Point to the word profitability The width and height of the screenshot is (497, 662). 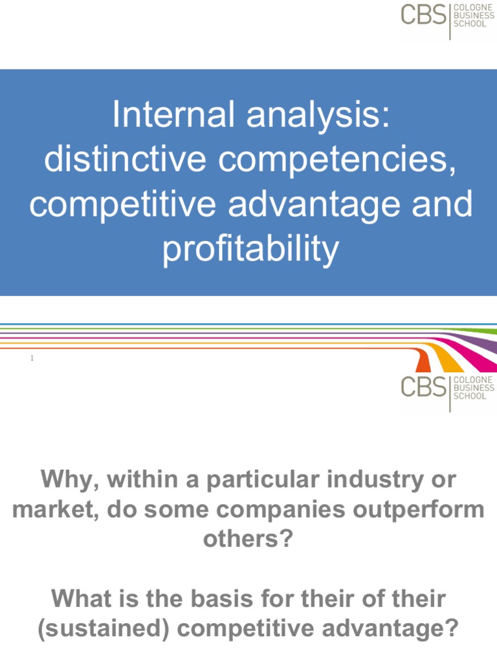(x=250, y=251)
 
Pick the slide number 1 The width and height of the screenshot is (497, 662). (x=32, y=359)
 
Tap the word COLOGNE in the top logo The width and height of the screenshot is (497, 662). (x=474, y=7)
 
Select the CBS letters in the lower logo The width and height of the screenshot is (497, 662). (x=423, y=387)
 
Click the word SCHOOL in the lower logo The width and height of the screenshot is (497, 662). (x=470, y=396)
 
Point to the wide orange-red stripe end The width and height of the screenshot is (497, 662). (x=424, y=363)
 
